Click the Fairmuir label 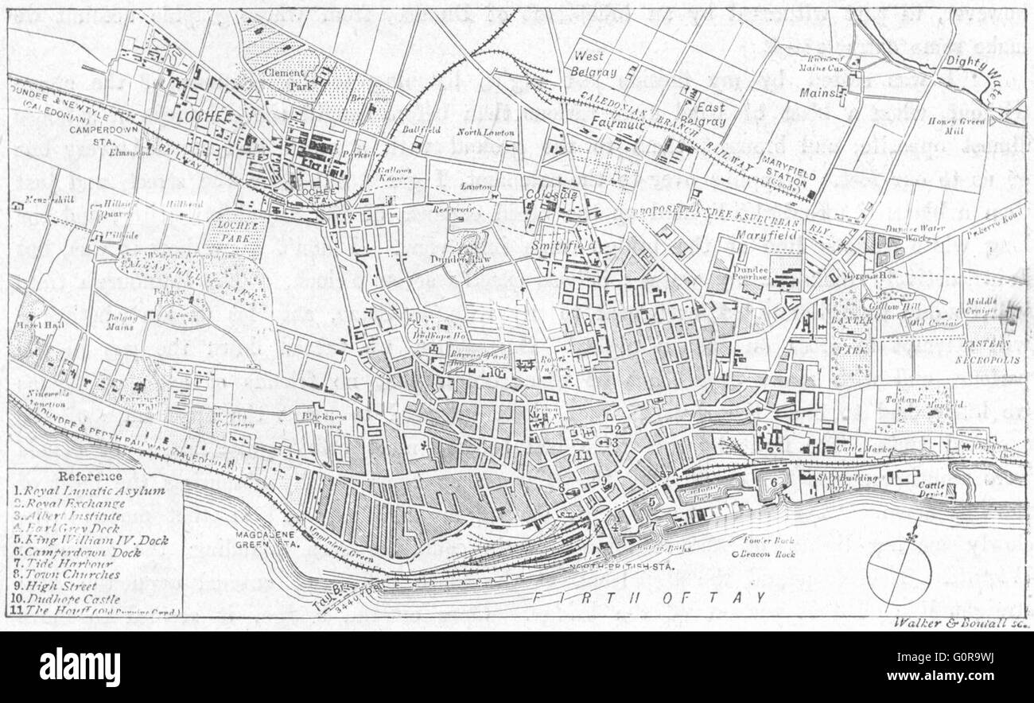(x=618, y=122)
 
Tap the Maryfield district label (x=758, y=236)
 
